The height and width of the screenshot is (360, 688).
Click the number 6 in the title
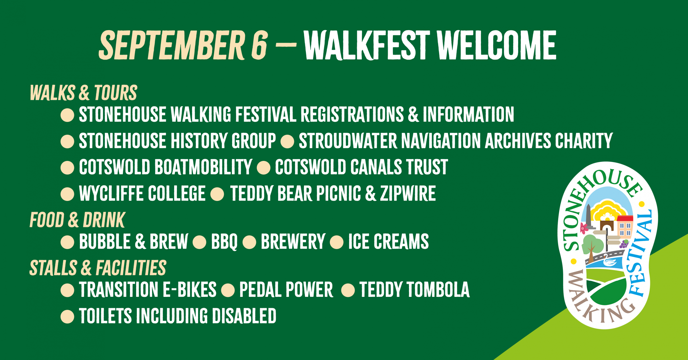[259, 45]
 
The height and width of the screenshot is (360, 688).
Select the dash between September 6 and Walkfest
[286, 45]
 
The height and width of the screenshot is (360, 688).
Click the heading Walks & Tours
[83, 93]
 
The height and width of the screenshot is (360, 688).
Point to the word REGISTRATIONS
[352, 114]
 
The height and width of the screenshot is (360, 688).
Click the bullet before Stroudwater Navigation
[287, 141]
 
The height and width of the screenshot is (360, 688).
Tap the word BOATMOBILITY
[203, 167]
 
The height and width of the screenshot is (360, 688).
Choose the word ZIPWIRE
[408, 193]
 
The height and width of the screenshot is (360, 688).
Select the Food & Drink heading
[77, 220]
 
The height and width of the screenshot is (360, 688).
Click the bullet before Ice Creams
[336, 242]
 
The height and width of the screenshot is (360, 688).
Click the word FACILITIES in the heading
[131, 268]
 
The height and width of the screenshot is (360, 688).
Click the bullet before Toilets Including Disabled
[67, 316]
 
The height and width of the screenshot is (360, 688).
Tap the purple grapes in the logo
[624, 244]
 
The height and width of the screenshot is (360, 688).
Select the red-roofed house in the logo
[625, 226]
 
